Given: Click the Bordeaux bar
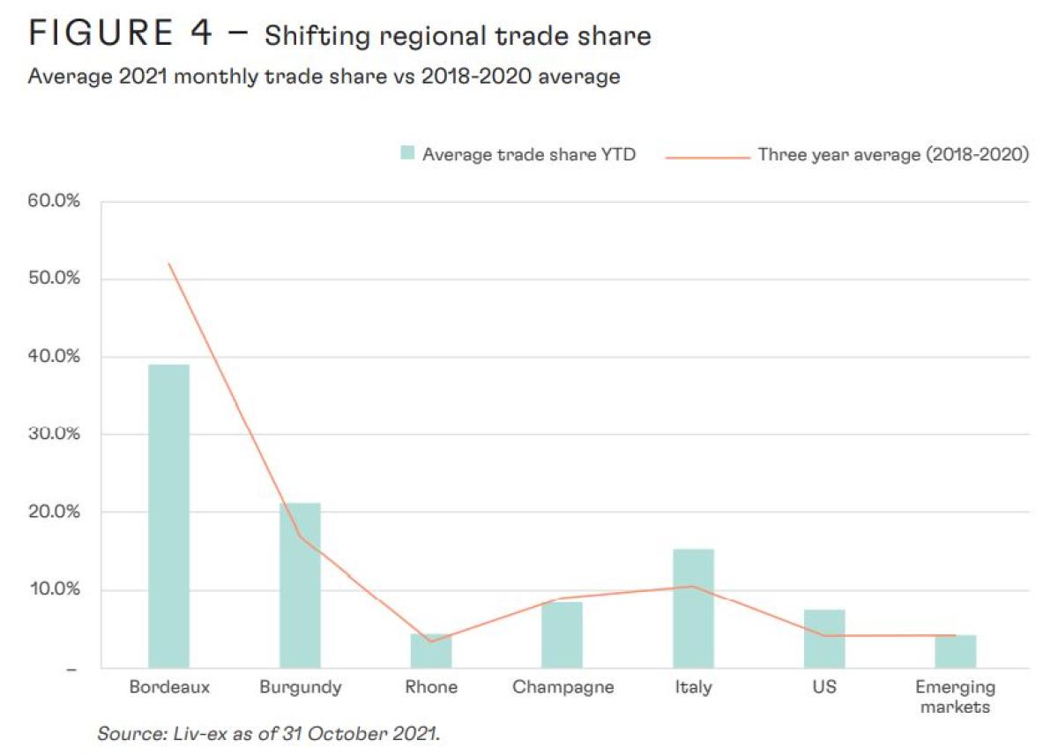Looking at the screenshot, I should pos(168,515).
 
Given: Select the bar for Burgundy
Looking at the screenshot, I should pos(300,585).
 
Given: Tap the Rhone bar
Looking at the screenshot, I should pos(431,651).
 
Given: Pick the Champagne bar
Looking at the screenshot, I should pos(563,634).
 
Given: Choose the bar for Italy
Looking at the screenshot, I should pos(693,608).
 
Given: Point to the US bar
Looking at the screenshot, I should pos(824,638).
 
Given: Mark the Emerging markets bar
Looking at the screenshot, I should pos(955,651).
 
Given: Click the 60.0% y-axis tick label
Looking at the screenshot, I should pos(55,202).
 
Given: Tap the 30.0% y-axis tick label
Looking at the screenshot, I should pos(55,434).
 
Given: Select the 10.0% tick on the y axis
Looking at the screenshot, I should pos(55,589).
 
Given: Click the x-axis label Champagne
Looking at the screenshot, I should pos(563,687).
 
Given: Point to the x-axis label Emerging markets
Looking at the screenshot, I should pos(955,696).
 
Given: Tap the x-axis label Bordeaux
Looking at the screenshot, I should pos(169,687).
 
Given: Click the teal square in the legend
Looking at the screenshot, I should pos(406,154).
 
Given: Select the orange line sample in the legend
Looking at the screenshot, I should pos(705,156).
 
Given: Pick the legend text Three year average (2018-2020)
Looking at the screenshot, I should pos(893,155).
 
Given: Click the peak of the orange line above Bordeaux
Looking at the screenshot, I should pos(168,263).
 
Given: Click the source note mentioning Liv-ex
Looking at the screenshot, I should pos(268,733).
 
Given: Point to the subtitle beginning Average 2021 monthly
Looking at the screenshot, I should pos(324,77).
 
